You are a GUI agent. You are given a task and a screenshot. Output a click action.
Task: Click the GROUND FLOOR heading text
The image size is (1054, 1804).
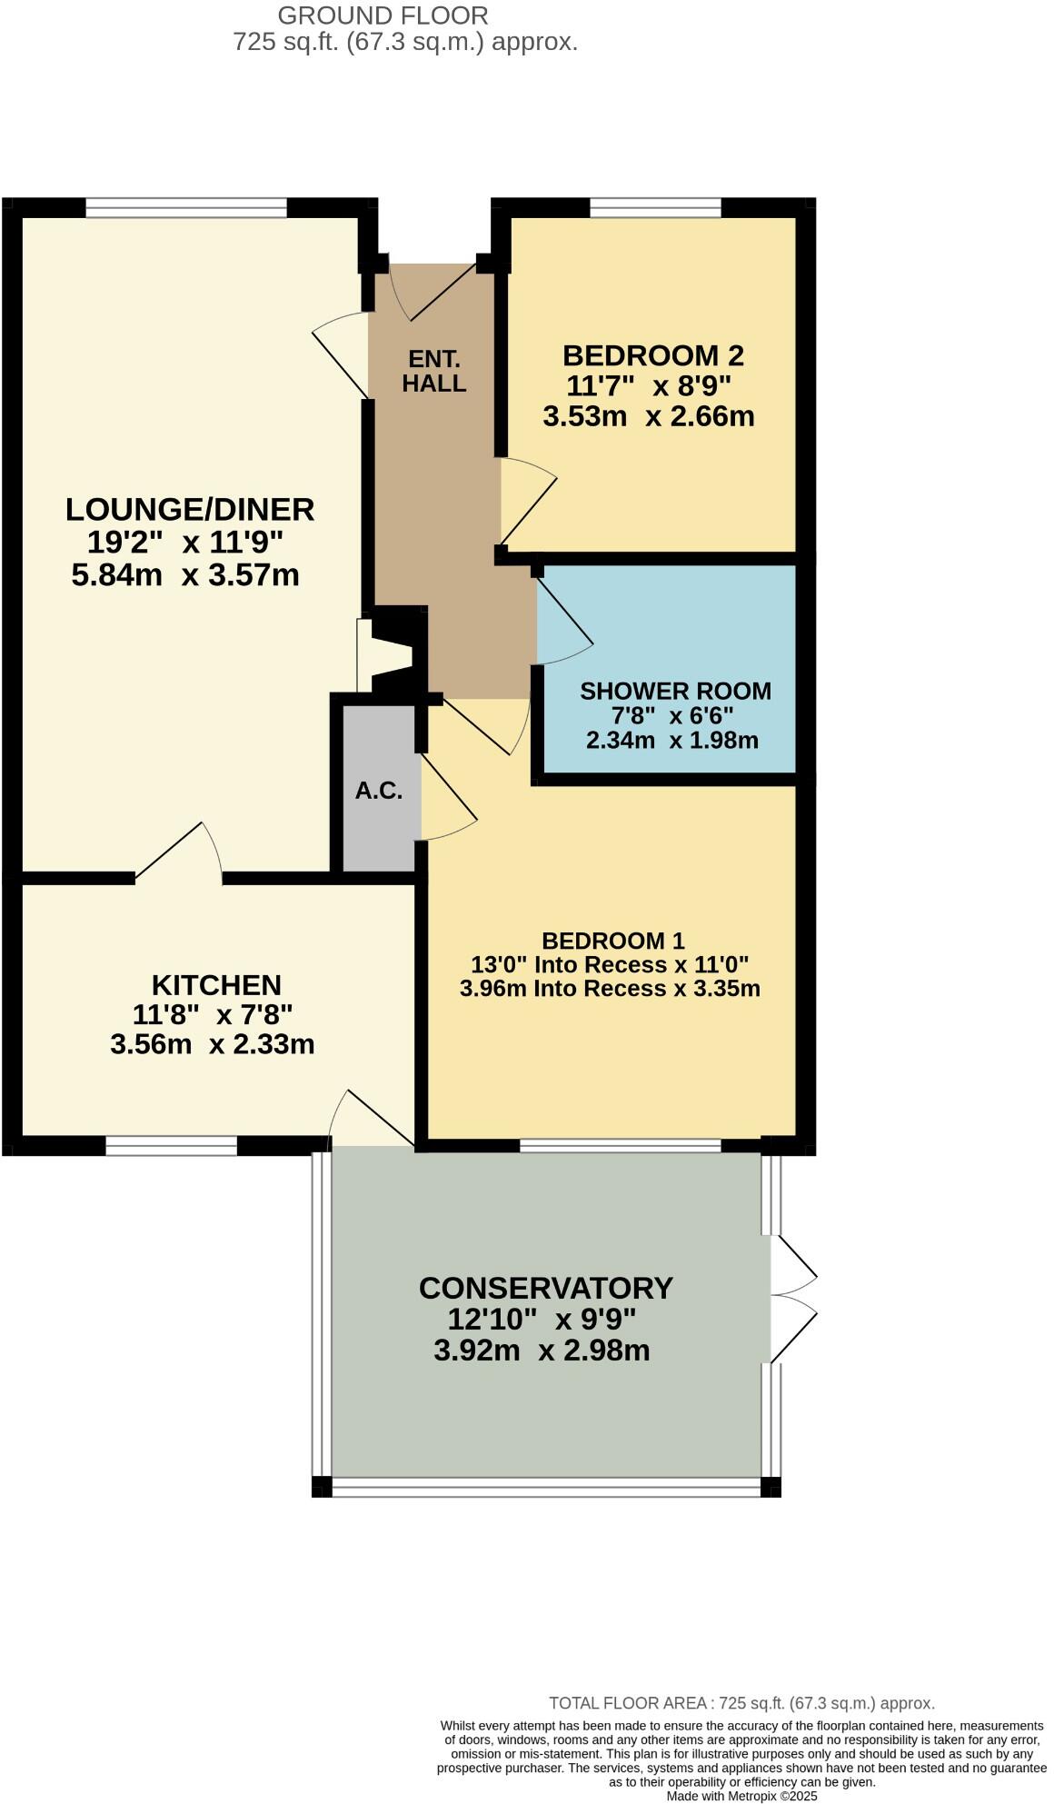click(383, 15)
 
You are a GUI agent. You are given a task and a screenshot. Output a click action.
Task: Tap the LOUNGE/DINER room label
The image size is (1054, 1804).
click(190, 510)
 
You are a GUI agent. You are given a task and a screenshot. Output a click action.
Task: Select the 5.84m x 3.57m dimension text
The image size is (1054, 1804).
click(185, 575)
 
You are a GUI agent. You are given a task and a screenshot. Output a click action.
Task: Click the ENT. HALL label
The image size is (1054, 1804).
click(434, 371)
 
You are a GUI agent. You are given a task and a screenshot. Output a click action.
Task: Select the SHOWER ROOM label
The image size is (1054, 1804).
click(675, 692)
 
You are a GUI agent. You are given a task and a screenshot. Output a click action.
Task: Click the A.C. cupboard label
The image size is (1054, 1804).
click(379, 791)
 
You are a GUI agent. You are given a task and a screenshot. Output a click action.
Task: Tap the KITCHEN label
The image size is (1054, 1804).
click(216, 985)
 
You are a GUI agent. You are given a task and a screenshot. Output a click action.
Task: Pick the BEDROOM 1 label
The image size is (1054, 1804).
click(613, 941)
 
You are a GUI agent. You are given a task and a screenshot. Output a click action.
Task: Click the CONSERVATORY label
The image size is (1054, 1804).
click(546, 1288)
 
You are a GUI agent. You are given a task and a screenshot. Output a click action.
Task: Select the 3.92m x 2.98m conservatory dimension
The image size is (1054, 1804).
click(542, 1351)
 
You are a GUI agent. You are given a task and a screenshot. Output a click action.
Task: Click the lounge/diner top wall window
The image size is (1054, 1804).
click(186, 209)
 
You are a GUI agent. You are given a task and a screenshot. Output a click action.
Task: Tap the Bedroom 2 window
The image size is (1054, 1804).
click(655, 209)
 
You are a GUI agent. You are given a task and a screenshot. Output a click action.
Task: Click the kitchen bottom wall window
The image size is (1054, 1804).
click(171, 1146)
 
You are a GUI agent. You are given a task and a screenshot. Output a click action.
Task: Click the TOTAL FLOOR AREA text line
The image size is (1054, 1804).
click(741, 1703)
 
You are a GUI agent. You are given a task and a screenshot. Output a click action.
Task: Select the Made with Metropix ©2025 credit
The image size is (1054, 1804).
click(741, 1796)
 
